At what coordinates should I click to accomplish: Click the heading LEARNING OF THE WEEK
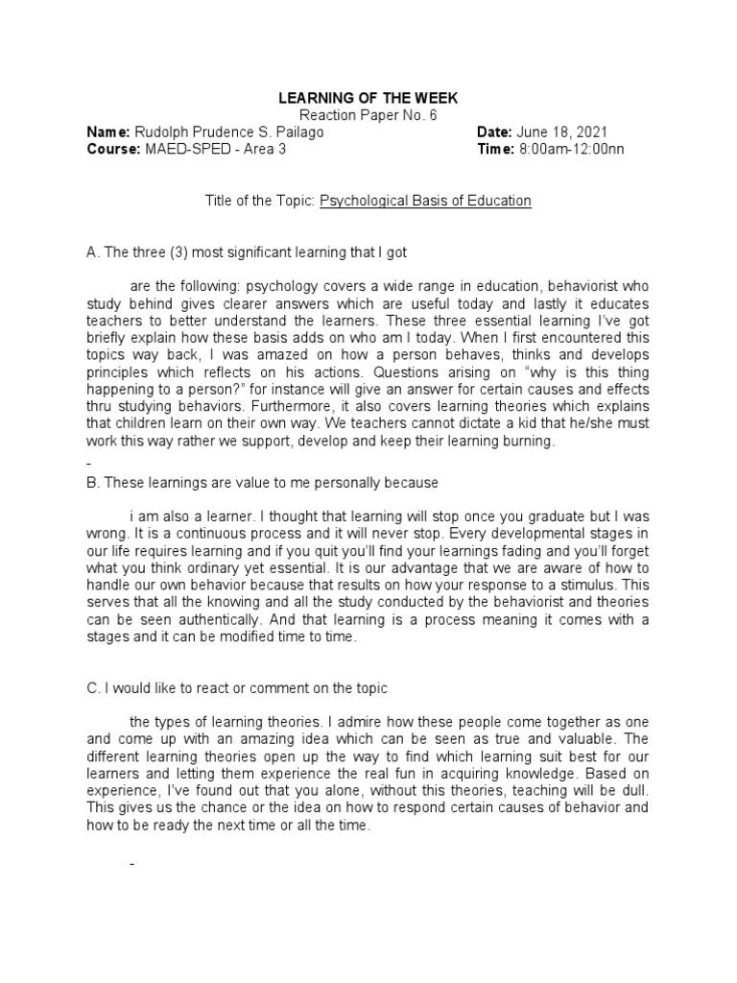[x=368, y=98]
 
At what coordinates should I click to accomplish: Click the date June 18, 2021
[x=562, y=132]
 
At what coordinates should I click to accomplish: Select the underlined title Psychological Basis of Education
[x=425, y=202]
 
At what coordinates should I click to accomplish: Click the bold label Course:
[x=113, y=150]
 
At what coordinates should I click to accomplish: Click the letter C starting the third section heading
[x=92, y=688]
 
